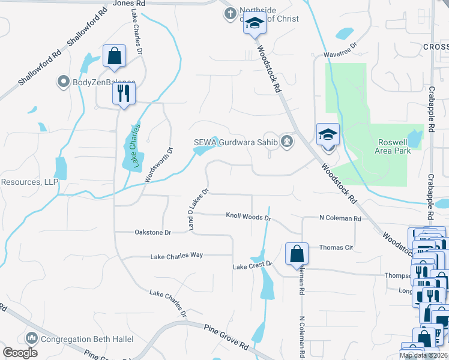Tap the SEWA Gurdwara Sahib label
237,142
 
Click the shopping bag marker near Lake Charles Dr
113,57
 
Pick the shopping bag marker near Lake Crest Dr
297,254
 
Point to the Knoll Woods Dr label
249,216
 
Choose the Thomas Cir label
336,247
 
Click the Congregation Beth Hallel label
88,339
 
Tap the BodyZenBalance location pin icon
63,82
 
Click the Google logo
20,352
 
